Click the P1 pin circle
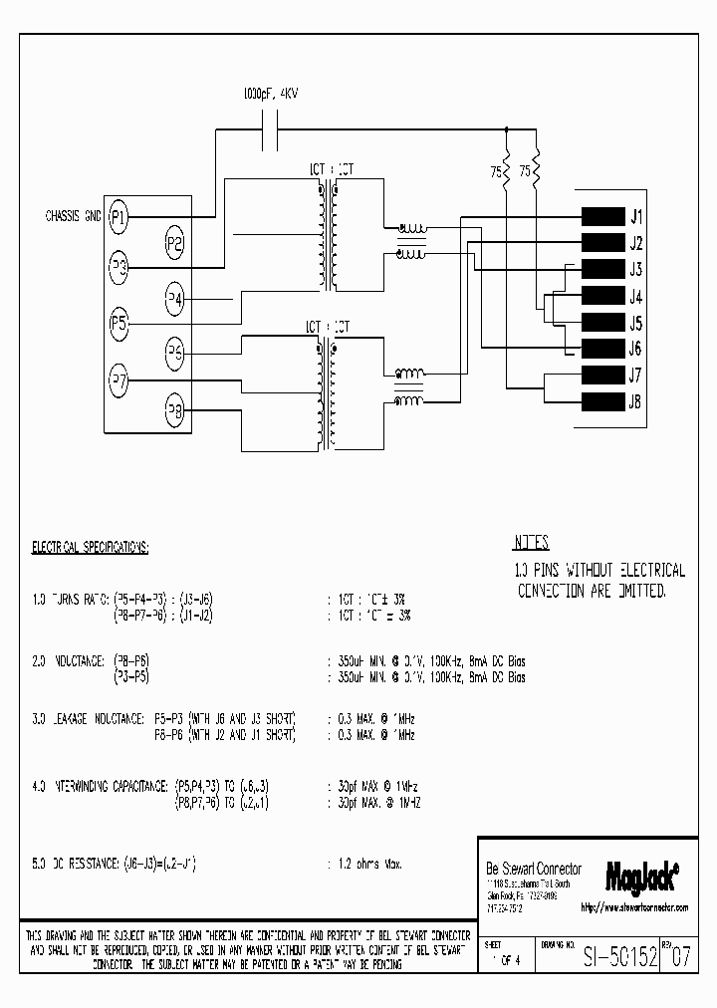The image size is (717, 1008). pyautogui.click(x=119, y=216)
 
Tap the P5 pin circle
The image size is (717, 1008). pyautogui.click(x=119, y=323)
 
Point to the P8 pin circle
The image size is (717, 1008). pyautogui.click(x=174, y=409)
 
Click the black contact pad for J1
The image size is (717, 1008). pyautogui.click(x=601, y=217)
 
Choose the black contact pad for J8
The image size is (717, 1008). pyautogui.click(x=601, y=401)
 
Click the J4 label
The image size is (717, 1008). pyautogui.click(x=635, y=297)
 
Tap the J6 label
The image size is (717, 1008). pyautogui.click(x=635, y=349)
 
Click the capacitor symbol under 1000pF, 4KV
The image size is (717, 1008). pyautogui.click(x=269, y=128)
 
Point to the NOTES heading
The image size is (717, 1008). pyautogui.click(x=531, y=544)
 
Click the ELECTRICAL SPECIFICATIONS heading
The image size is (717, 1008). pyautogui.click(x=91, y=548)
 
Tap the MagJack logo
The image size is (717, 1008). pyautogui.click(x=642, y=875)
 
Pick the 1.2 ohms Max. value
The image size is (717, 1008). pyautogui.click(x=365, y=865)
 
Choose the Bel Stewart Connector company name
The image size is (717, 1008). pyautogui.click(x=532, y=869)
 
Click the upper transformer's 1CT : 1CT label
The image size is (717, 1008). pyautogui.click(x=330, y=169)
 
